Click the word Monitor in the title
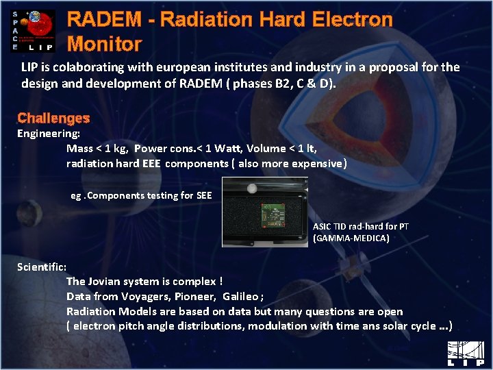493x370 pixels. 104,45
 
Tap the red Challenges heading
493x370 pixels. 53,119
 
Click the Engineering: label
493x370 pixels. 49,134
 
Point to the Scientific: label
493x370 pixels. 42,267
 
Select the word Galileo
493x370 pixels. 240,296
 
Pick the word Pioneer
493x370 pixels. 192,296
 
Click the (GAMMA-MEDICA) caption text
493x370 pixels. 351,238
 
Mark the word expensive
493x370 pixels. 317,163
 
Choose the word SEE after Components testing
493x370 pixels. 204,195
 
